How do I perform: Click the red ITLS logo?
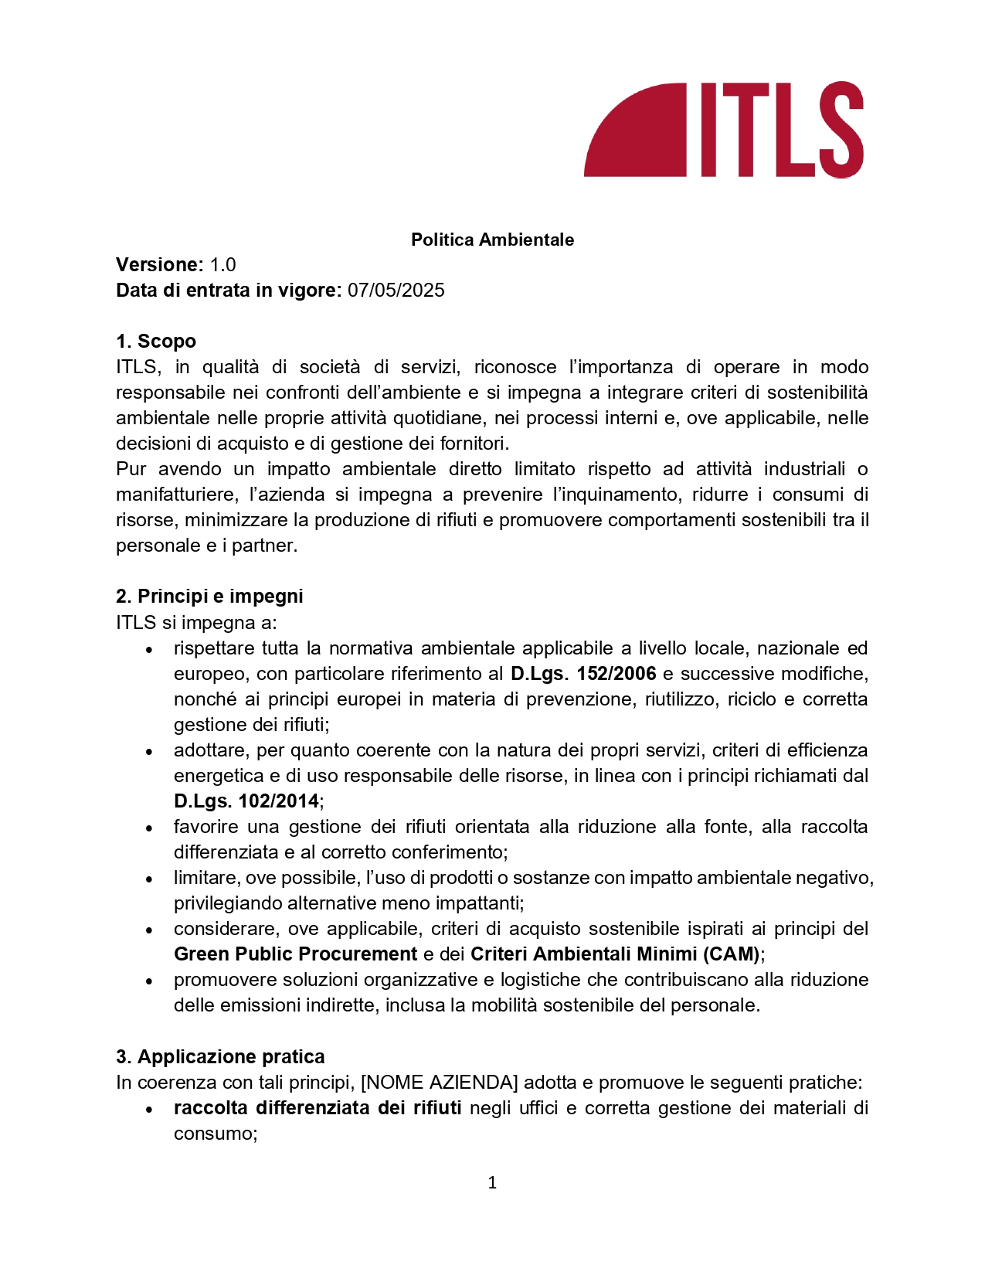point(723,130)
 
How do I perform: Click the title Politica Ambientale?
point(492,240)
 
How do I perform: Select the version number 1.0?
point(222,265)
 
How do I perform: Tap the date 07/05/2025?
point(396,291)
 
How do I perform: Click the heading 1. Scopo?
point(156,342)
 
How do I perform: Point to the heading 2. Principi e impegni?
point(209,597)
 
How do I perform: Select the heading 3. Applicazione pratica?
point(220,1057)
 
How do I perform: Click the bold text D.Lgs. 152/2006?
point(583,674)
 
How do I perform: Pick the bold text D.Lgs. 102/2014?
point(246,801)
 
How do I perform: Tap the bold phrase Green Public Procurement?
point(295,954)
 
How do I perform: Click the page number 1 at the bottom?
point(492,1183)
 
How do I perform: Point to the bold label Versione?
point(159,265)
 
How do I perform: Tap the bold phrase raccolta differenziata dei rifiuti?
point(318,1108)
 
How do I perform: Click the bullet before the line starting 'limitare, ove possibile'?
point(149,879)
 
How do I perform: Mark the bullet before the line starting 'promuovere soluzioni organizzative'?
point(149,981)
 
